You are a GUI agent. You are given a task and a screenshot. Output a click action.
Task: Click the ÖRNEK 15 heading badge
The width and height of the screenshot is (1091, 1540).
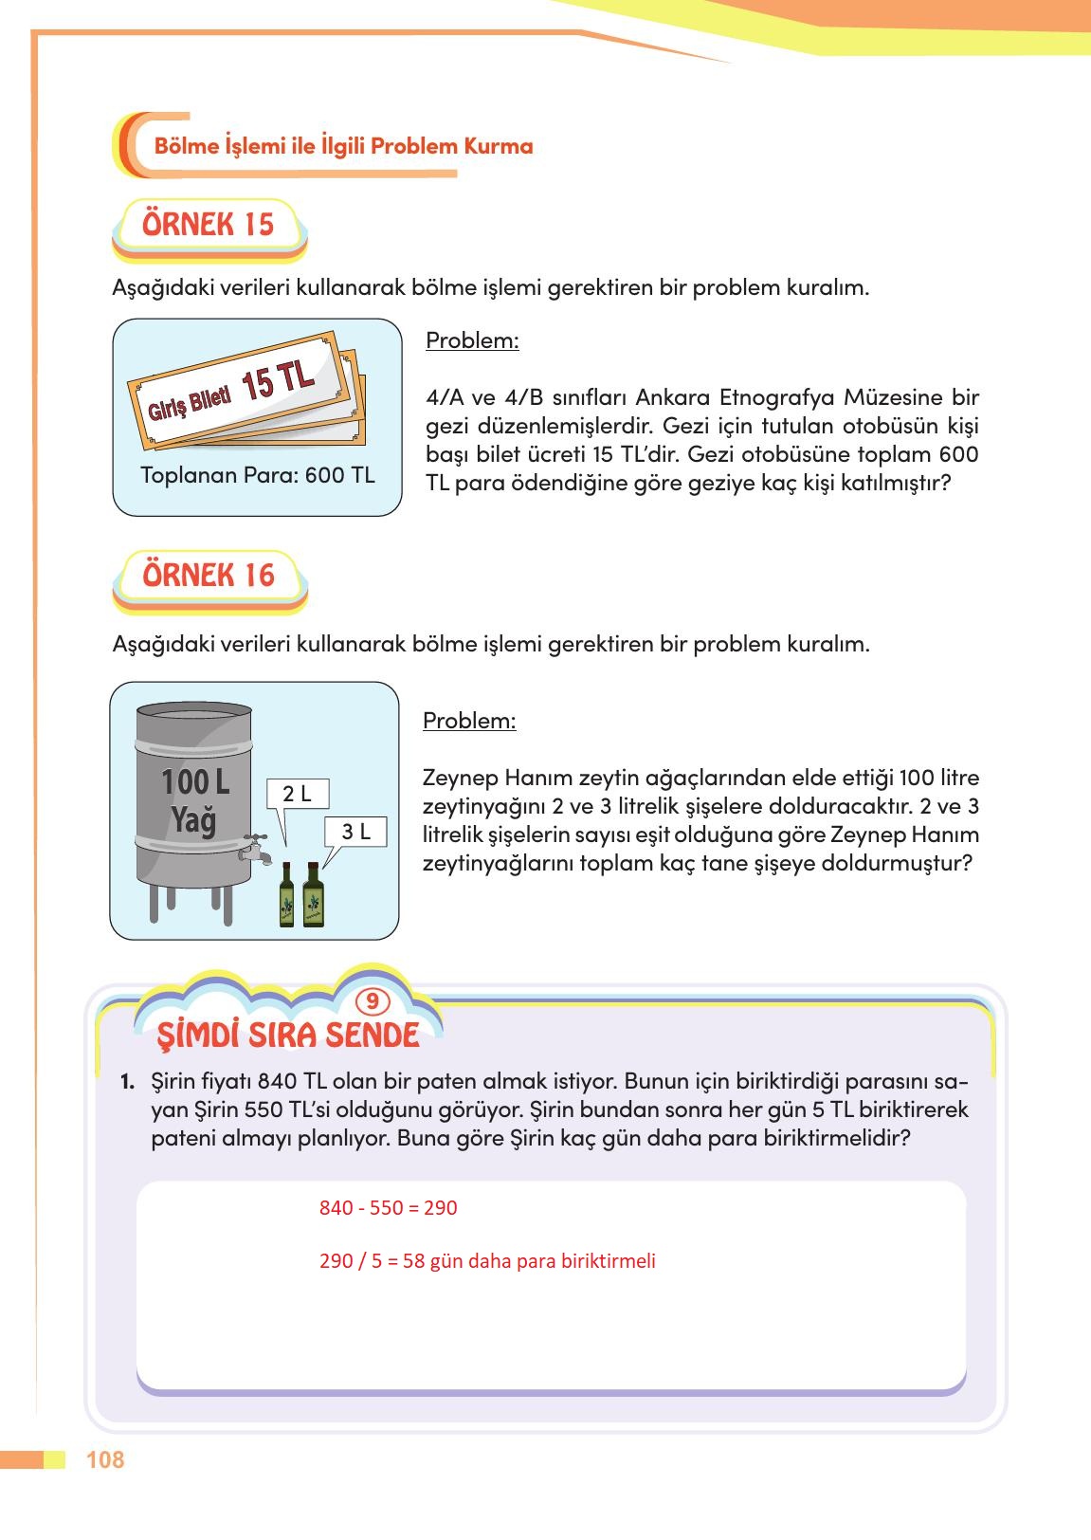tap(209, 226)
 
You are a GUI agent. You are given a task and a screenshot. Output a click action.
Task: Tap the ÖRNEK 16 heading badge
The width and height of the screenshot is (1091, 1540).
tap(209, 576)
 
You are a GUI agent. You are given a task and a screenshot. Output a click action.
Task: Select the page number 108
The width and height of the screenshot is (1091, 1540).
tap(105, 1459)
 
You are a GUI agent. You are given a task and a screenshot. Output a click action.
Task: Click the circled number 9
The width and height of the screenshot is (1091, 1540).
tap(373, 1001)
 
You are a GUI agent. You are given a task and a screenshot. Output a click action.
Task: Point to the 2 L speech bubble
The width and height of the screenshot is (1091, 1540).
tap(298, 795)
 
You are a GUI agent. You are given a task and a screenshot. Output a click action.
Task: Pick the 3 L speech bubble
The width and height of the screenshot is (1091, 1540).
tap(356, 832)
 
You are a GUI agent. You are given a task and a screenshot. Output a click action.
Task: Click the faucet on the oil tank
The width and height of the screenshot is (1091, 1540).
tap(255, 849)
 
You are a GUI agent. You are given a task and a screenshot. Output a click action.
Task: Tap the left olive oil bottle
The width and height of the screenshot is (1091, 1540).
tap(287, 895)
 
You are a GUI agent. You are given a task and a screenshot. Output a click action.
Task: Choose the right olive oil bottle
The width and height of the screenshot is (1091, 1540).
tap(313, 895)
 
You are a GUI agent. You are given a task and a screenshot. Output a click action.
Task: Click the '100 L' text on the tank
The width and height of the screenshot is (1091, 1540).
tap(195, 782)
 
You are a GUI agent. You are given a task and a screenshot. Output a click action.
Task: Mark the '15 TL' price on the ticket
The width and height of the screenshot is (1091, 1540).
tap(278, 379)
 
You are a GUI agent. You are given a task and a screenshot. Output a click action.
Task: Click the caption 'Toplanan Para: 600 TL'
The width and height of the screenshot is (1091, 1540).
tap(258, 475)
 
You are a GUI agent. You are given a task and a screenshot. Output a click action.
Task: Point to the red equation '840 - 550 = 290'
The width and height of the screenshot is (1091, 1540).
tap(389, 1208)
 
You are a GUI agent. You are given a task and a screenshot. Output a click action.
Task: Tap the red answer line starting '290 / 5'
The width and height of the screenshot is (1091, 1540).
tap(487, 1261)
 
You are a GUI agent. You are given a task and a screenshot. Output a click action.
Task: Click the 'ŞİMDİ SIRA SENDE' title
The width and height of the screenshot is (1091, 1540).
tap(288, 1035)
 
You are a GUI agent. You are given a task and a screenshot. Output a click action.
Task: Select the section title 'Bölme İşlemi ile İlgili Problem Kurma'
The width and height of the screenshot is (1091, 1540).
tap(343, 146)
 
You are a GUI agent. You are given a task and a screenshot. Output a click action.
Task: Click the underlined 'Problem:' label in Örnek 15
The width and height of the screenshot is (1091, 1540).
tap(472, 340)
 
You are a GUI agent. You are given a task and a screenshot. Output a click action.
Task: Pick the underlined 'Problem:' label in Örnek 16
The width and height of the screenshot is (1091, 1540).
tap(469, 721)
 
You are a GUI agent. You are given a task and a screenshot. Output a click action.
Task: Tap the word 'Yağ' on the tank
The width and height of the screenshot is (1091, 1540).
tap(193, 819)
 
